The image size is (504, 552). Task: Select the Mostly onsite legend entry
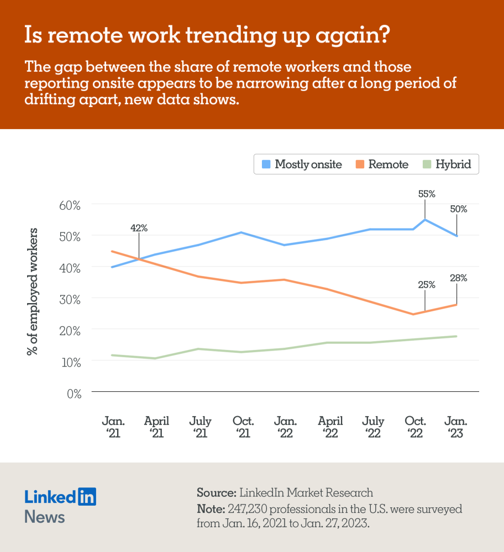coord(302,164)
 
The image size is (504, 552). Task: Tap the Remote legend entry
coord(382,164)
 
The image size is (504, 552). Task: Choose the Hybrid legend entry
coord(447,164)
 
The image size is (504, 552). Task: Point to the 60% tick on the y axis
coord(70,205)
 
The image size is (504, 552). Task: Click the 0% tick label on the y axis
coord(73,393)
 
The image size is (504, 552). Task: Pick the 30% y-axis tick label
coord(70,299)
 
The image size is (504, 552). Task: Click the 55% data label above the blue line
coord(427,194)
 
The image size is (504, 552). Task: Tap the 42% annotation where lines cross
coord(139,227)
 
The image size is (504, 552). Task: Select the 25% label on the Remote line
coord(426,285)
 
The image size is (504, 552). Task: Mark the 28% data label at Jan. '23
coord(458,278)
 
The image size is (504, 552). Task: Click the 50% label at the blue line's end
coord(458,209)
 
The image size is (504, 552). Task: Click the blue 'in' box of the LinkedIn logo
coord(87,496)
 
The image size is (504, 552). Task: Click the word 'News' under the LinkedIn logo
coord(45,517)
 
